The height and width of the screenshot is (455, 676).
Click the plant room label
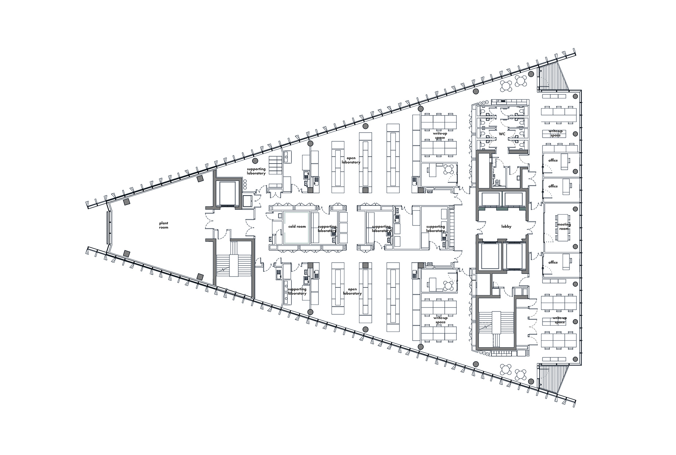pos(163,225)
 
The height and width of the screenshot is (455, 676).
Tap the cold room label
pos(297,227)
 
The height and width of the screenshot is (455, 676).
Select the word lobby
pos(506,227)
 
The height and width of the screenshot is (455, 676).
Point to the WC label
pos(502,134)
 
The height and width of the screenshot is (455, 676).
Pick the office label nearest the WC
pos(553,161)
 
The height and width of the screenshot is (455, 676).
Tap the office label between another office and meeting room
pos(553,186)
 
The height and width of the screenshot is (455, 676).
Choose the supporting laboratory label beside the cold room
pos(327,229)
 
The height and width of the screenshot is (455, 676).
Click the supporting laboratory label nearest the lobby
pos(436,229)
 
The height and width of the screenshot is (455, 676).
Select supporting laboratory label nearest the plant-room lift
pos(256,171)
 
